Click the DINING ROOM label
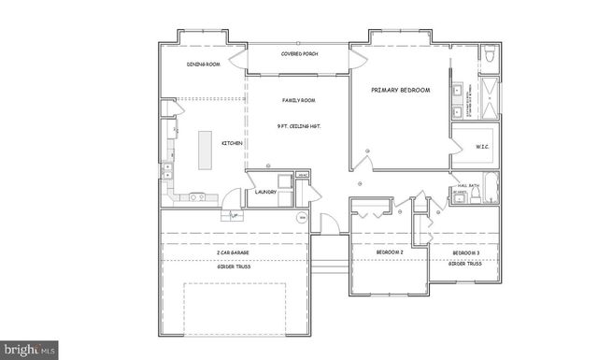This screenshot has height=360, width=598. (203, 64)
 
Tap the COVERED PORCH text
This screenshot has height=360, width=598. (299, 53)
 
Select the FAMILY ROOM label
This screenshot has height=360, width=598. (299, 99)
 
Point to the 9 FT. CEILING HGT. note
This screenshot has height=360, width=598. (299, 125)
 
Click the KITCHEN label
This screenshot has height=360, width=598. (232, 143)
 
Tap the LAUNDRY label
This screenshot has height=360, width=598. (265, 193)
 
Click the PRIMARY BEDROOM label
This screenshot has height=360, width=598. (400, 90)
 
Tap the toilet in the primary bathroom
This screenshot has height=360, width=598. (489, 57)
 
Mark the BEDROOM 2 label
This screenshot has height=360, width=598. (389, 252)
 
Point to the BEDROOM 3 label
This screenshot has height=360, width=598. (466, 252)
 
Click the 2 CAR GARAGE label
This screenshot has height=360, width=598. (232, 252)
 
